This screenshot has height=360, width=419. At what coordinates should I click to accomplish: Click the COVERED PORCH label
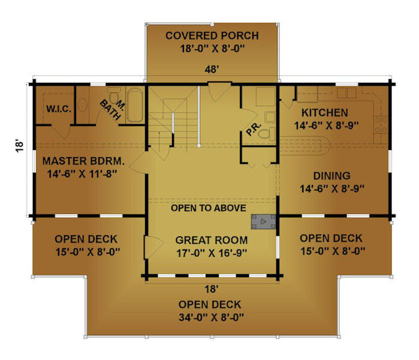212,35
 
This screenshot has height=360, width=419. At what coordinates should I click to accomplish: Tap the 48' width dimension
212,70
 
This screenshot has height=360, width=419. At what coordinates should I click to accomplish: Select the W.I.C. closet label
59,109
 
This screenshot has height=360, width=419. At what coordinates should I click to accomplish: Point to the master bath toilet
114,95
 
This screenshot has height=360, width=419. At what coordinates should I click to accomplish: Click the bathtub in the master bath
135,105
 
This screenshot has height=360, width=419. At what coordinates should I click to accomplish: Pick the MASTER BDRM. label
84,161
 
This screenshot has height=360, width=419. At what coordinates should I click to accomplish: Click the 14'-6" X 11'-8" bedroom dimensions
82,174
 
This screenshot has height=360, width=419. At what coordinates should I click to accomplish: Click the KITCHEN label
325,113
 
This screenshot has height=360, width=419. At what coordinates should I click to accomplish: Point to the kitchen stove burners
381,124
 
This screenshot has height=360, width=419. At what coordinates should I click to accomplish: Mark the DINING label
331,176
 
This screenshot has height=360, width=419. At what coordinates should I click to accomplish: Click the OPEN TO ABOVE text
209,208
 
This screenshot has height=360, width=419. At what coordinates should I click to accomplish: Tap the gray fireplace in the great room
263,221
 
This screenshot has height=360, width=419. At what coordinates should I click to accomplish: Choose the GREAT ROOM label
212,240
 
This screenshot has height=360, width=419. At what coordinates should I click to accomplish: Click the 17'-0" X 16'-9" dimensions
212,253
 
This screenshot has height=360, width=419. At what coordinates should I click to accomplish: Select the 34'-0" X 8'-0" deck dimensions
211,317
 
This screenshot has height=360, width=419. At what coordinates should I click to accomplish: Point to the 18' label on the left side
19,146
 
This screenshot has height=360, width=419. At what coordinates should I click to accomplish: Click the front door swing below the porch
219,92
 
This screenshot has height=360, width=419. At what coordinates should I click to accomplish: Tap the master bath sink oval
83,105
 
